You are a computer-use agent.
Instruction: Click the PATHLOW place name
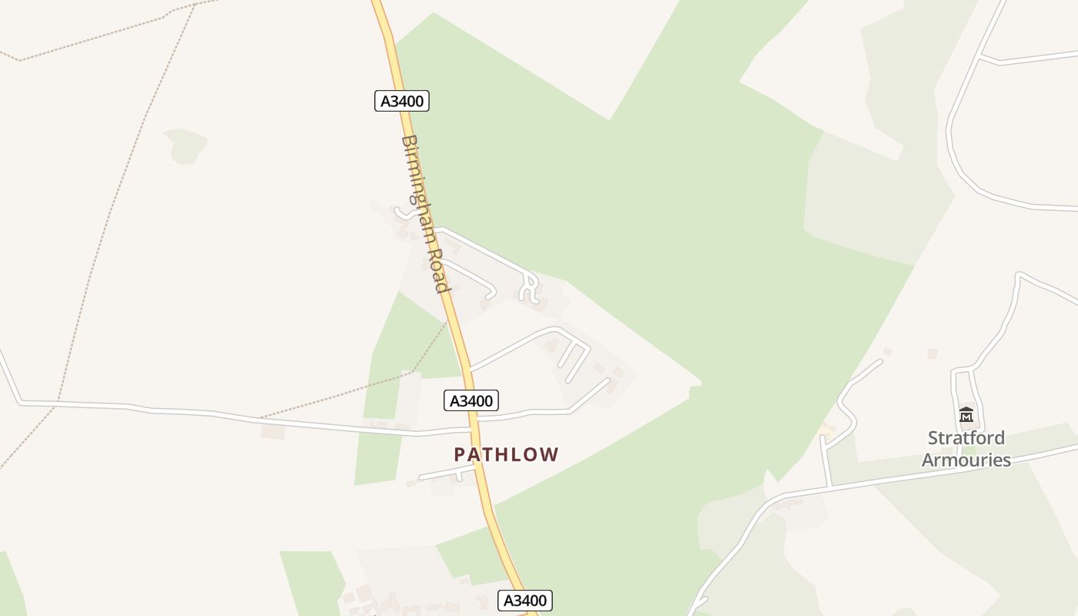pyautogui.click(x=506, y=454)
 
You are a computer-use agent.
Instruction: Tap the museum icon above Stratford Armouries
pyautogui.click(x=966, y=415)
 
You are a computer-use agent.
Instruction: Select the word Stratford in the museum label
pyautogui.click(x=966, y=438)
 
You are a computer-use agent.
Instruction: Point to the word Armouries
pyautogui.click(x=966, y=460)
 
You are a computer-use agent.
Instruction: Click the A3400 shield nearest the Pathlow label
pyautogui.click(x=471, y=400)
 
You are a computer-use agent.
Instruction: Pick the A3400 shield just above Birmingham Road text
pyautogui.click(x=402, y=101)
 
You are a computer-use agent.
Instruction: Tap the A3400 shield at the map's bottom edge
pyautogui.click(x=525, y=601)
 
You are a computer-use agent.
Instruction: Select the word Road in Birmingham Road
pyautogui.click(x=437, y=269)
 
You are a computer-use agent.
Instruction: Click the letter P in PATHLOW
pyautogui.click(x=460, y=455)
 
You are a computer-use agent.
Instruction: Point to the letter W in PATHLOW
pyautogui.click(x=549, y=455)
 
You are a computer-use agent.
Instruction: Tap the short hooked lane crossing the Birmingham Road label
pyautogui.click(x=402, y=212)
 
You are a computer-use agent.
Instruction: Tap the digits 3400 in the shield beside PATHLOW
pyautogui.click(x=477, y=400)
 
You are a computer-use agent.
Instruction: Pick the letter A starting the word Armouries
pyautogui.click(x=929, y=460)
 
